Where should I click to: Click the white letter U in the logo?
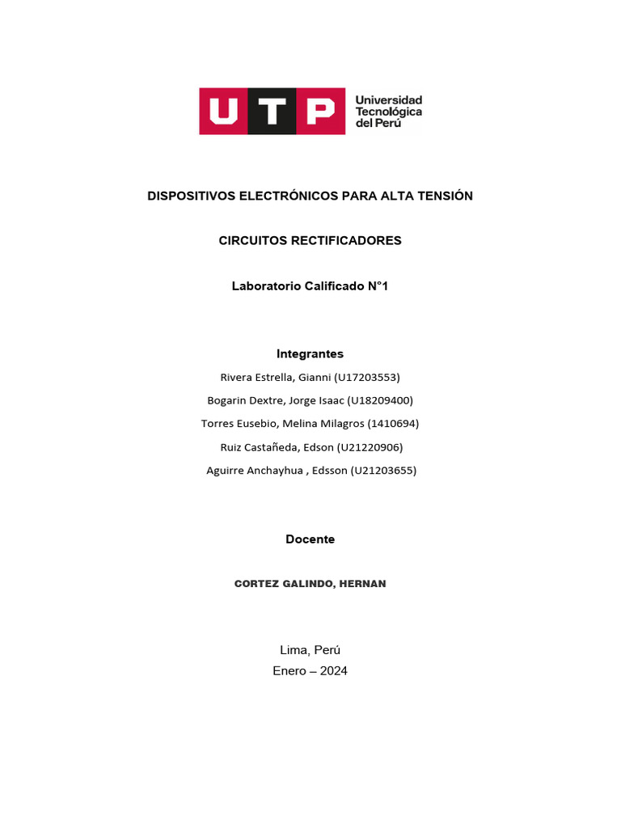click(x=222, y=111)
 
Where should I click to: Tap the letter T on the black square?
click(x=272, y=111)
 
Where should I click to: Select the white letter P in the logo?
click(x=319, y=111)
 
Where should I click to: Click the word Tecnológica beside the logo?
click(x=389, y=112)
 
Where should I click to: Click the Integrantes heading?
click(x=310, y=354)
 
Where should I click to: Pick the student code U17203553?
click(x=366, y=378)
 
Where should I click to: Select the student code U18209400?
click(x=379, y=400)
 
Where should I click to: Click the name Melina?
click(x=301, y=424)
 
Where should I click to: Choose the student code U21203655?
click(x=382, y=471)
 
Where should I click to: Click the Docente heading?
click(x=310, y=539)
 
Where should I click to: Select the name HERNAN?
click(x=362, y=584)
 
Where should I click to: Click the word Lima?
click(x=293, y=650)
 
